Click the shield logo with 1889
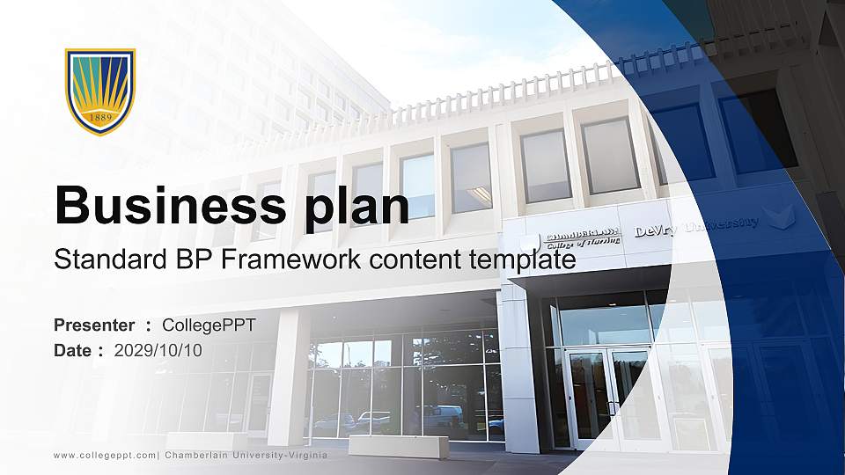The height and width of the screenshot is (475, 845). (99, 91)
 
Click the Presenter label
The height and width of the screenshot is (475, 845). (94, 325)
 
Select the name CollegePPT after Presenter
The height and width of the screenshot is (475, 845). (209, 325)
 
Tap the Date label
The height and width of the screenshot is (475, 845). (73, 350)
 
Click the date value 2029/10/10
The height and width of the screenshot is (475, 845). (158, 350)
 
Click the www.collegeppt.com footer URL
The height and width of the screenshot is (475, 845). (105, 455)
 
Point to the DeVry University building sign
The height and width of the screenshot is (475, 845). (696, 226)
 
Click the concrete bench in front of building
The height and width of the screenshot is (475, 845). (398, 446)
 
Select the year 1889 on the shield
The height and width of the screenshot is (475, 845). (99, 117)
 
